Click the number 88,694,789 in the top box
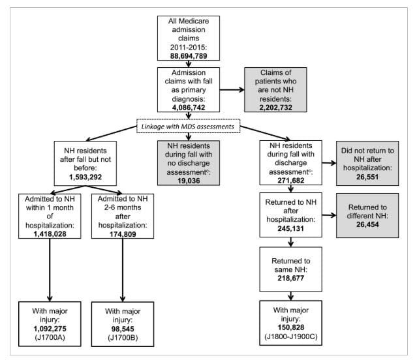pos(189,57)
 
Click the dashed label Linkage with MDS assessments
pos(189,127)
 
